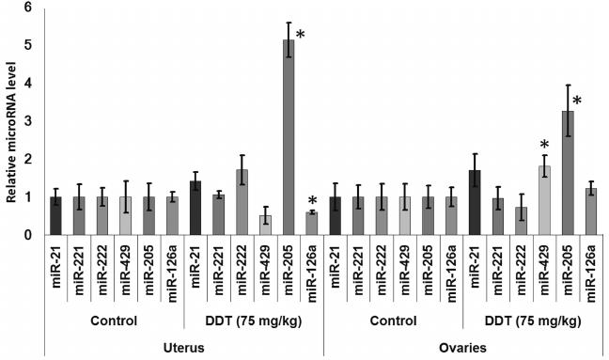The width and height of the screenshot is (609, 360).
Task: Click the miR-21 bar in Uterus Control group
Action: point(56,216)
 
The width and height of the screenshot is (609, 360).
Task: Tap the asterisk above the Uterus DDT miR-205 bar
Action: point(301,36)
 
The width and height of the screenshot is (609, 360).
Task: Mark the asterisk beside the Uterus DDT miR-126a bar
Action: point(312,200)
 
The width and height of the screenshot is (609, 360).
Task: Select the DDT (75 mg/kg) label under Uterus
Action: point(254,320)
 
